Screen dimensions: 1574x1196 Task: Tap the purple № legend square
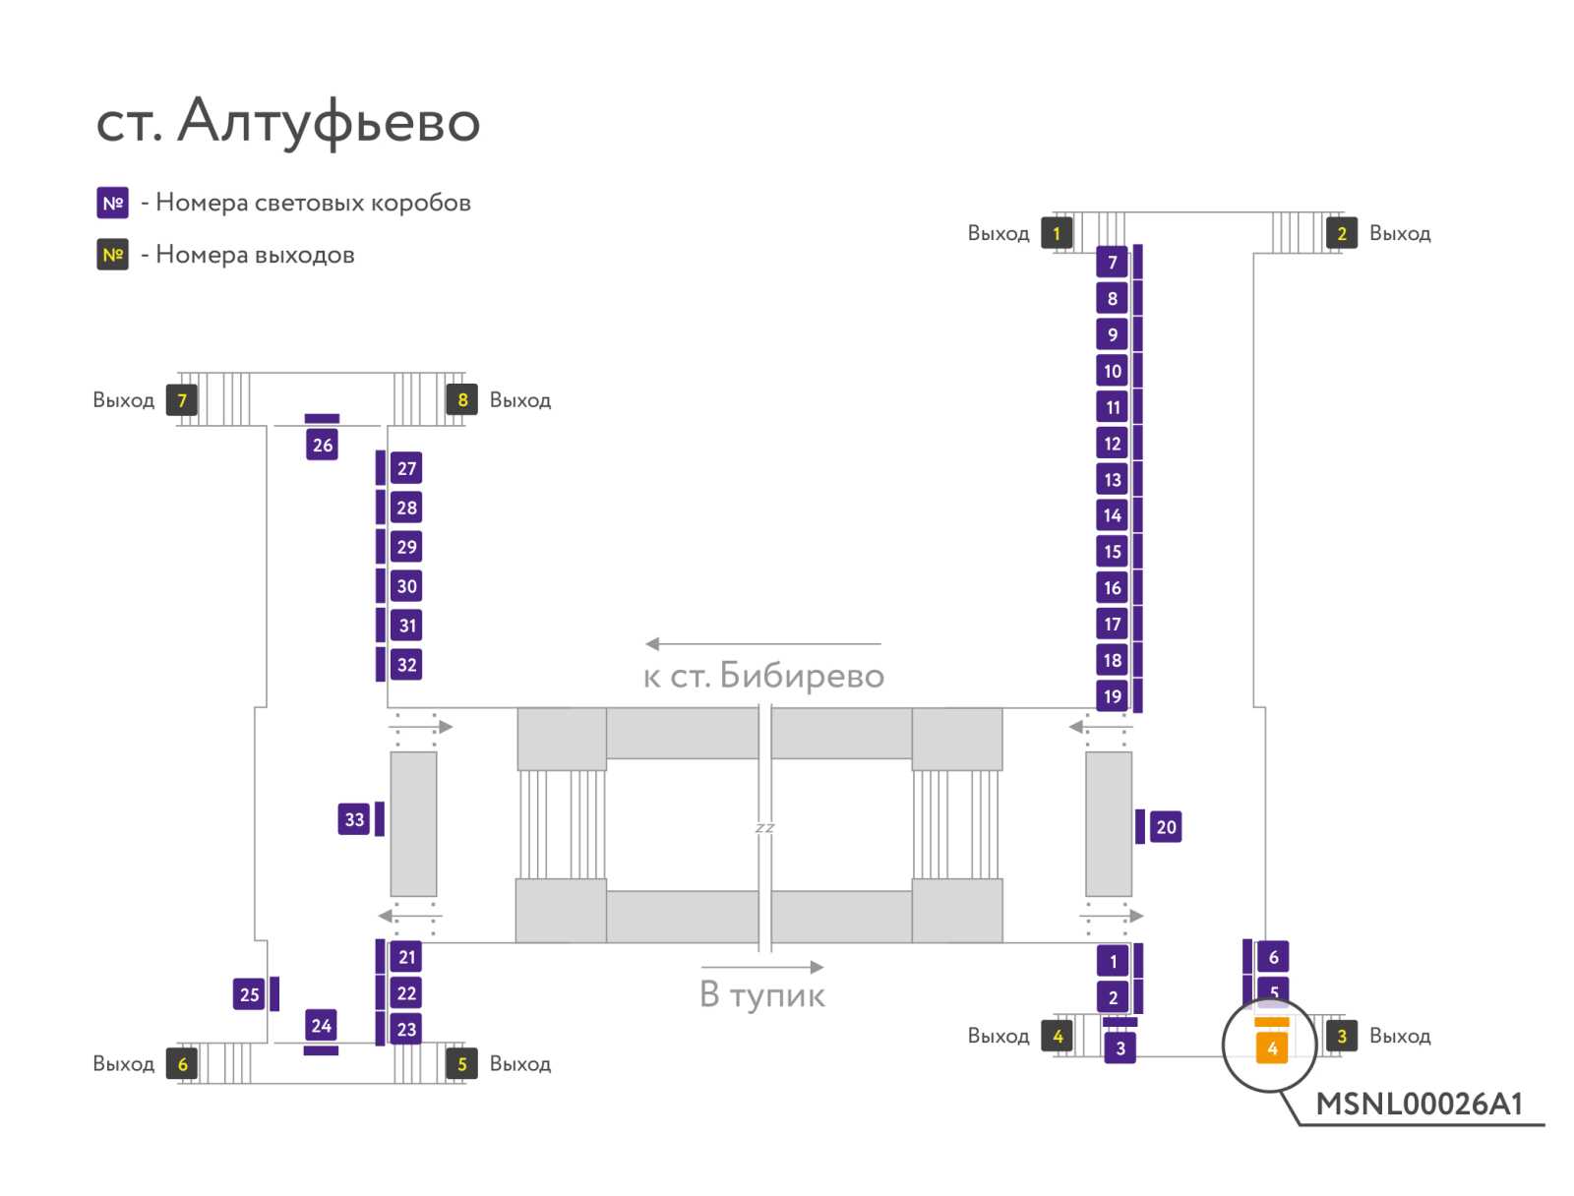pos(112,203)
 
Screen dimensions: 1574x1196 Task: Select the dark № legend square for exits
pos(112,255)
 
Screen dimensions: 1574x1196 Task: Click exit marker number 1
pos(1057,233)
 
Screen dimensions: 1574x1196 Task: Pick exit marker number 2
pos(1341,233)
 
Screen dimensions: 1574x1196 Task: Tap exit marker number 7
pos(182,400)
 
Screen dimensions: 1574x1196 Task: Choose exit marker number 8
pos(461,400)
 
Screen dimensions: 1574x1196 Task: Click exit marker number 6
pos(182,1063)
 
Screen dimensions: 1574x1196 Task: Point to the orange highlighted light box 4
pos(1271,1048)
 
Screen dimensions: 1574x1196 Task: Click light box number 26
pos(322,445)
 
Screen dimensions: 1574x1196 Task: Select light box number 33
pos(353,819)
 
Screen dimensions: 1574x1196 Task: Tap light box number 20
pos(1166,827)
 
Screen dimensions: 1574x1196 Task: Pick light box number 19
pos(1113,695)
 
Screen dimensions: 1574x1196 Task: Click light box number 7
pos(1113,263)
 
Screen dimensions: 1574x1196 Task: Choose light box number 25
pos(249,994)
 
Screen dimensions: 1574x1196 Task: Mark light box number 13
pos(1113,479)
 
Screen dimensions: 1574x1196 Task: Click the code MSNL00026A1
pos(1419,1105)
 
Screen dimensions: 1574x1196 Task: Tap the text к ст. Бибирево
pos(763,675)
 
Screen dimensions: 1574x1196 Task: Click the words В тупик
pos(762,994)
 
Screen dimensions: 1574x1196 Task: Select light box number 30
pos(406,586)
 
